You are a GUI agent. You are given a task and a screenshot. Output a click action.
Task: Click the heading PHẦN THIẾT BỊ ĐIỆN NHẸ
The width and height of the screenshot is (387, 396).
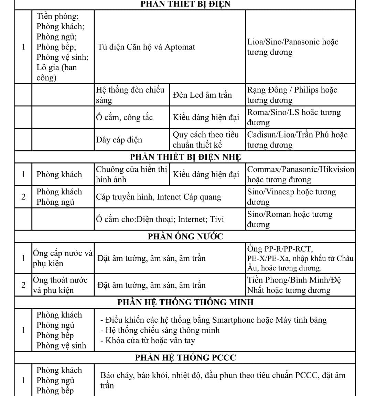[185, 157]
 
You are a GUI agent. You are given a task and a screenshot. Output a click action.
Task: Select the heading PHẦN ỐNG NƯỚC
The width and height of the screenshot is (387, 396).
[185, 237]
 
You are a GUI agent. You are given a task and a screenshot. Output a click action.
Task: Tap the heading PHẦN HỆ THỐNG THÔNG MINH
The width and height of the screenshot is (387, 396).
[185, 302]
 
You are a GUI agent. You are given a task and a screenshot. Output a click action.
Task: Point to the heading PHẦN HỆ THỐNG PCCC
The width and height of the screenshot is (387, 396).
[185, 358]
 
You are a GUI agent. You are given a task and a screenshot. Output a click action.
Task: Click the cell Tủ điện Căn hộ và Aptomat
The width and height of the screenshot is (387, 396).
[146, 47]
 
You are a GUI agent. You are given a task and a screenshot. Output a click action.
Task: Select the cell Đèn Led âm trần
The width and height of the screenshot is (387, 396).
[202, 95]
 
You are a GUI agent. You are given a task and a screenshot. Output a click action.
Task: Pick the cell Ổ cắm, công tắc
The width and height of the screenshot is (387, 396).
[125, 117]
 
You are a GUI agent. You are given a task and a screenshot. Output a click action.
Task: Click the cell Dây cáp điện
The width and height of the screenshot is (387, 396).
[119, 140]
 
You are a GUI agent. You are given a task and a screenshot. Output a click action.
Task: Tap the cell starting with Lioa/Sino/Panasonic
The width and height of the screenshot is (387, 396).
[293, 47]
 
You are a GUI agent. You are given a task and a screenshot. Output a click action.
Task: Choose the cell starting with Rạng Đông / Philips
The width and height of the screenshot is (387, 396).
[292, 95]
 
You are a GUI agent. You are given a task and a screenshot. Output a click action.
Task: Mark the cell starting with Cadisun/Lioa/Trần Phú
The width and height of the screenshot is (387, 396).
[297, 140]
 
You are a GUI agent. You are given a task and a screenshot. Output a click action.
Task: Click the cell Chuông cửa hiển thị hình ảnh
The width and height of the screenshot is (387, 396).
[131, 174]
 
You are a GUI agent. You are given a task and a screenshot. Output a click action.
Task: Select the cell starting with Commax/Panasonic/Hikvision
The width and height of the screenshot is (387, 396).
[300, 174]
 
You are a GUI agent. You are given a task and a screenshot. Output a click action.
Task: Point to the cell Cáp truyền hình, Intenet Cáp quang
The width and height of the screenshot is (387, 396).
[159, 197]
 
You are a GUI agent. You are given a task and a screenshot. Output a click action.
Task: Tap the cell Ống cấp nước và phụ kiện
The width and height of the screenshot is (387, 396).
[63, 258]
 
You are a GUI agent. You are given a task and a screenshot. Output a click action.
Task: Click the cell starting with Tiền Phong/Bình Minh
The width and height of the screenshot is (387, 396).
[294, 285]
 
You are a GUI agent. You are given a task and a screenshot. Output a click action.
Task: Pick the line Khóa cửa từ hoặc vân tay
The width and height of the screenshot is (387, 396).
[150, 341]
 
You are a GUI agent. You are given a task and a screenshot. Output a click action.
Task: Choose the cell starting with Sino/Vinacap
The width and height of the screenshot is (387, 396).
[291, 197]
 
